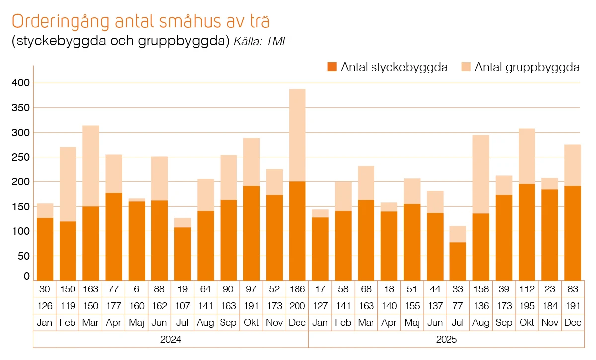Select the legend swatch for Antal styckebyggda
(332, 67)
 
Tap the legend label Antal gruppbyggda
(527, 67)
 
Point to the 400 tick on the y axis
(21, 83)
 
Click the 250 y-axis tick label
(21, 157)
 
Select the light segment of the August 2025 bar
(481, 174)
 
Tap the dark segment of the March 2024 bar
(91, 243)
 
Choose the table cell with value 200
(297, 306)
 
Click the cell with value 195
(526, 306)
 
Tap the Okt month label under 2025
(526, 323)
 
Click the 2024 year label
(171, 340)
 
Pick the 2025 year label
(447, 340)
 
